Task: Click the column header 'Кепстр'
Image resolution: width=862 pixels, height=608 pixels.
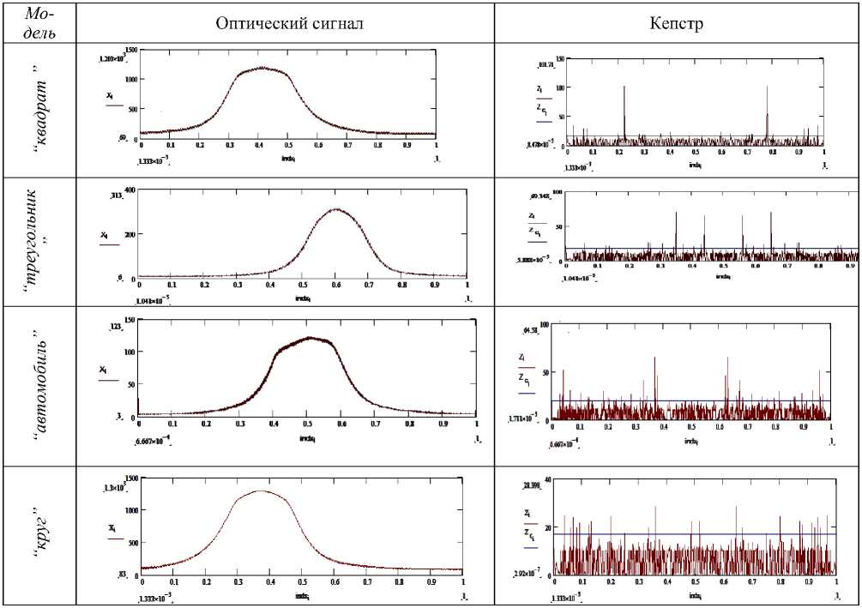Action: coord(677,23)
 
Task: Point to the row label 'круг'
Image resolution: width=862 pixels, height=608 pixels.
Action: coord(39,533)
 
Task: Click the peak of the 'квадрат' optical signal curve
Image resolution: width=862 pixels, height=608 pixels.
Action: coord(262,68)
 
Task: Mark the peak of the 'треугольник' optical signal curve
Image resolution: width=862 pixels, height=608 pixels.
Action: coord(335,209)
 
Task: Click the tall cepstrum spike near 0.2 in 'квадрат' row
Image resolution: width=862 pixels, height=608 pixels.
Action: coord(624,87)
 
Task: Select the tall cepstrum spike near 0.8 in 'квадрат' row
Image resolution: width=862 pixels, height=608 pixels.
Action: coord(767,87)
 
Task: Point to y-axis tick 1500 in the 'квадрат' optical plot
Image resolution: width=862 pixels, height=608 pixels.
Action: coord(130,51)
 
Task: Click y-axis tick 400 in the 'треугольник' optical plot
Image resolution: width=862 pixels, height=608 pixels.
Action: coord(130,189)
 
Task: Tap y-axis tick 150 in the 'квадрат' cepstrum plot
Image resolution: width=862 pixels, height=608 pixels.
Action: coord(559,59)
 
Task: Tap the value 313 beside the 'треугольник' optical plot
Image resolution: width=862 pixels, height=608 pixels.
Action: coord(118,196)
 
